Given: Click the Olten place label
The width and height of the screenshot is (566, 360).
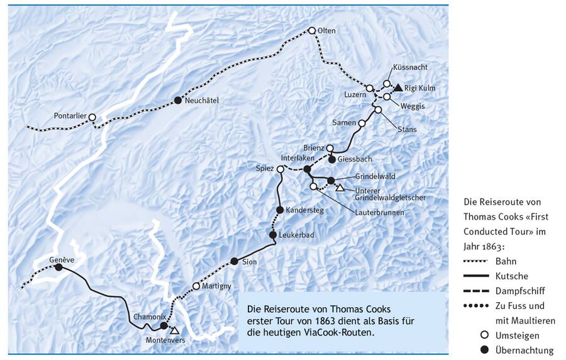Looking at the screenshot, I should (327, 31).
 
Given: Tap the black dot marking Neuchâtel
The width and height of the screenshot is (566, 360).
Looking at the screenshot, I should (178, 100).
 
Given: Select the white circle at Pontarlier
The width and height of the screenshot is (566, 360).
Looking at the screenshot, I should (92, 117).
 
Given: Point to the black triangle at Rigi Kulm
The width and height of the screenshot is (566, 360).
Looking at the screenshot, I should (398, 87).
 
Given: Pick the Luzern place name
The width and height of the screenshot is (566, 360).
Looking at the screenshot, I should (355, 94).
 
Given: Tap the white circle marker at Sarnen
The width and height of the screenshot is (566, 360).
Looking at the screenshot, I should (362, 123).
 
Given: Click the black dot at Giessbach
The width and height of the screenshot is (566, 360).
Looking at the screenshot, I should (332, 159).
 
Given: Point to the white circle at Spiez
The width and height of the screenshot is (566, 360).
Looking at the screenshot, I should (280, 169).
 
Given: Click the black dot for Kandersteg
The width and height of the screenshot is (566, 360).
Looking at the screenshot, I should (280, 210).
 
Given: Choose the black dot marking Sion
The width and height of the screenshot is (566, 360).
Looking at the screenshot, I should (234, 261).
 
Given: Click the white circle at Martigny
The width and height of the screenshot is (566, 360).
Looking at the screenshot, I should (196, 286).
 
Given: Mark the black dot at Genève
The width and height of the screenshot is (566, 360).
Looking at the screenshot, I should (58, 267).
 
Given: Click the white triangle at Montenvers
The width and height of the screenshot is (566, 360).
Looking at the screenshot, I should (175, 330).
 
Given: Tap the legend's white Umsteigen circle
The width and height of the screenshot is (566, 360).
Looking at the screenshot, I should (484, 335).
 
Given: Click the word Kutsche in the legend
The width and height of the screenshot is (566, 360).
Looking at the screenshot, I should (512, 276).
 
